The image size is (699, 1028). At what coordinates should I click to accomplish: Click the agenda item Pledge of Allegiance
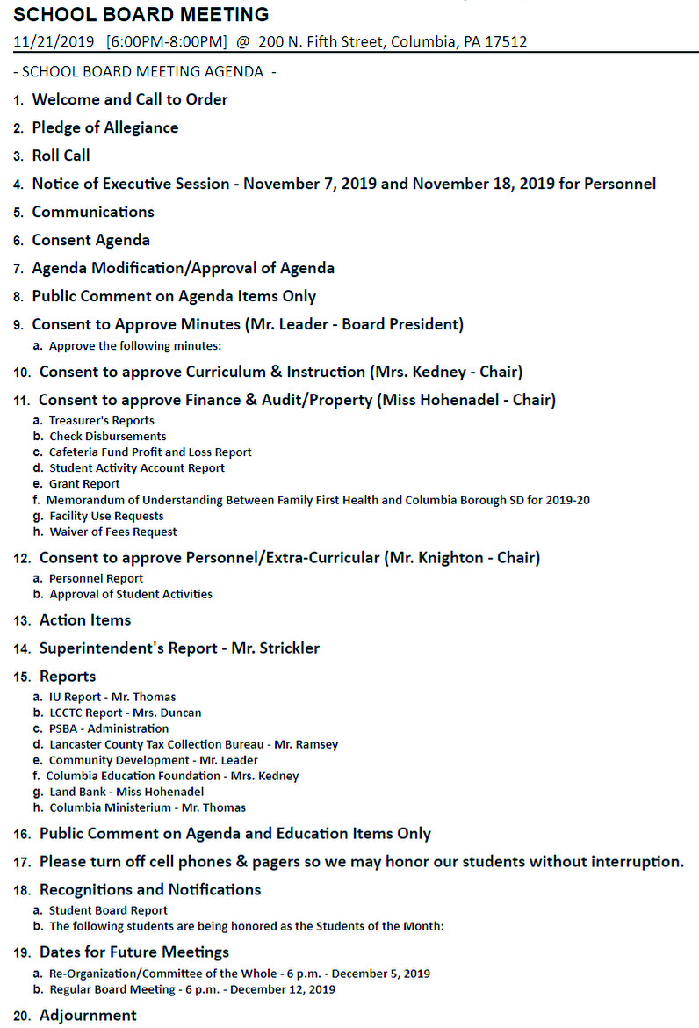point(104,127)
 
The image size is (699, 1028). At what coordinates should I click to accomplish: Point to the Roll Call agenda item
point(61,156)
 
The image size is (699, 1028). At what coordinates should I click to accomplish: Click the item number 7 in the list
point(18,269)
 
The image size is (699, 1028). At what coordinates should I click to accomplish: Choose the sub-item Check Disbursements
point(107,436)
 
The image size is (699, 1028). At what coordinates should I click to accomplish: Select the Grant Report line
point(84,484)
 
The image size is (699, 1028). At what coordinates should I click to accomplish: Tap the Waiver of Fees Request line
point(112,532)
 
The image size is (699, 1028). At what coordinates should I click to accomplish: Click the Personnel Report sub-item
point(96,578)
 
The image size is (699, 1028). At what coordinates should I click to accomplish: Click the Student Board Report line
point(108,910)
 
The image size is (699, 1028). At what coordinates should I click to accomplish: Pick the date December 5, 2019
point(380,974)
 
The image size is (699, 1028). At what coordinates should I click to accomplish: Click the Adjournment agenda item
point(88,1016)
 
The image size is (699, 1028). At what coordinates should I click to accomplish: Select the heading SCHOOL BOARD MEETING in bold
point(141,15)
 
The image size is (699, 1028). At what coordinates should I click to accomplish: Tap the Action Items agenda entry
point(85,620)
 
